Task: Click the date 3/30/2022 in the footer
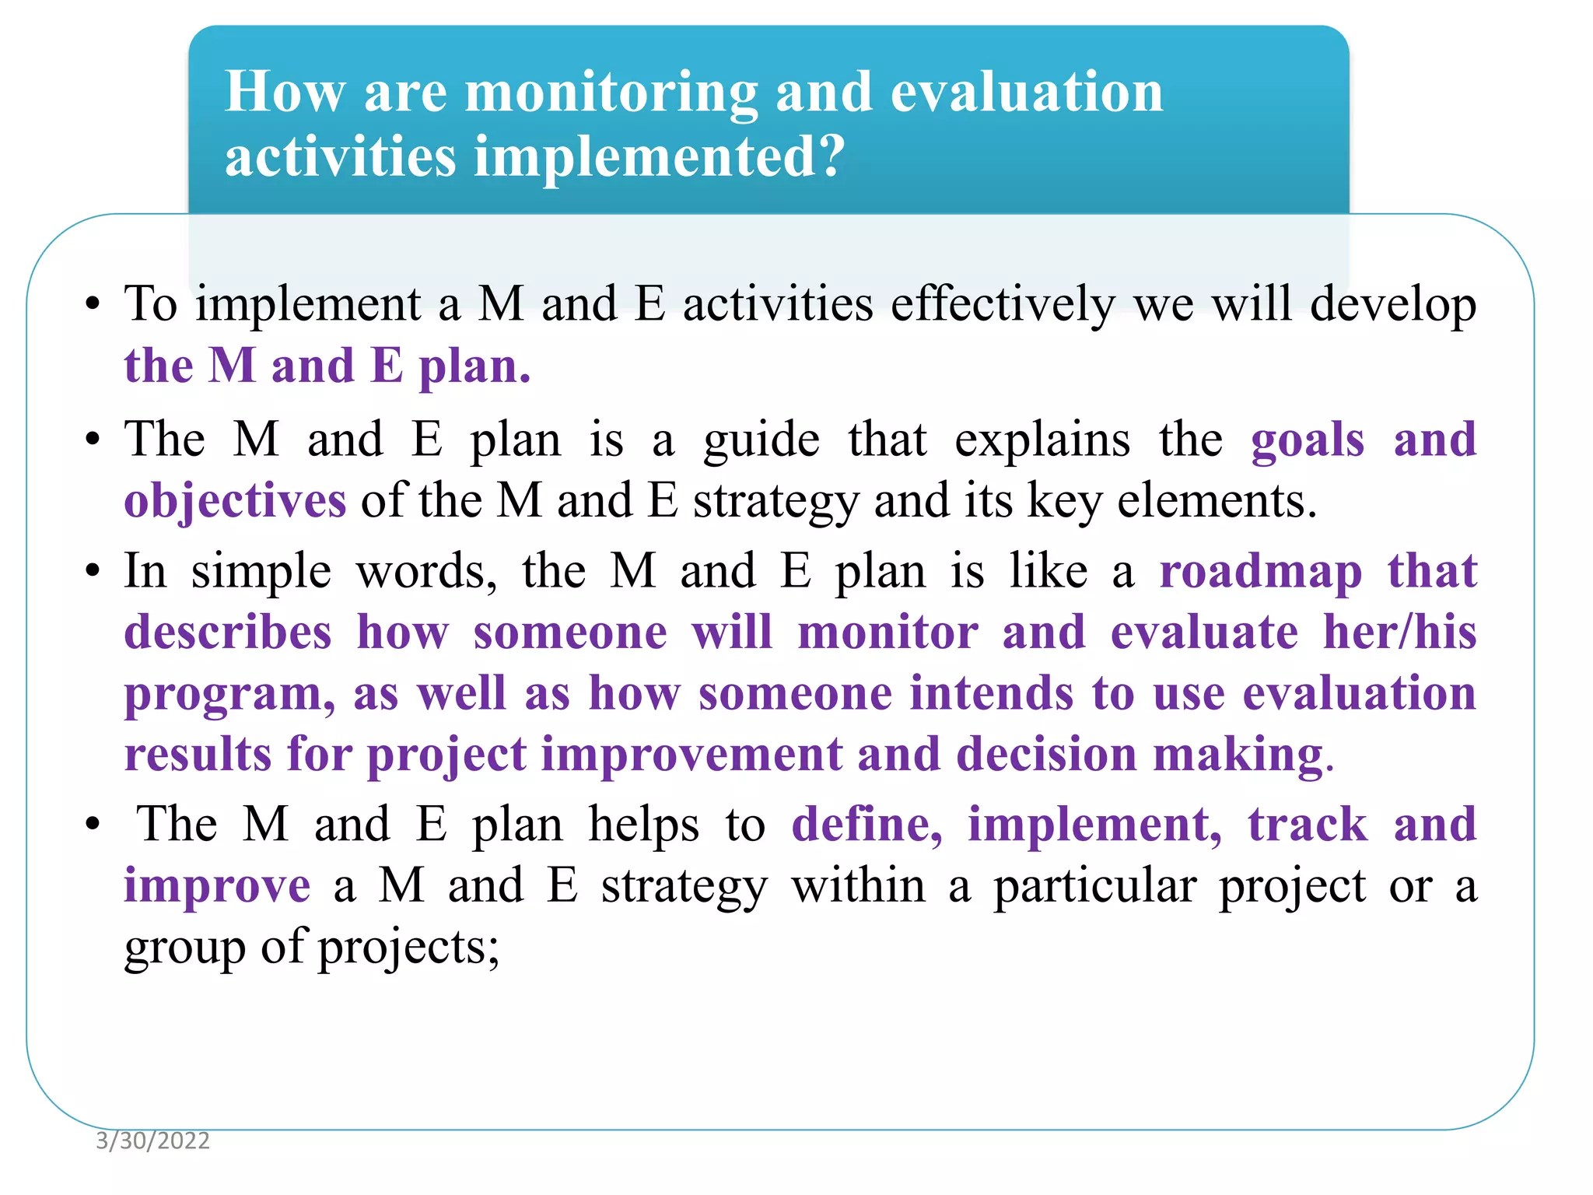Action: pyautogui.click(x=152, y=1141)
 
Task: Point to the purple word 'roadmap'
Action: pyautogui.click(x=1260, y=572)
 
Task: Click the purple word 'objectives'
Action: pyautogui.click(x=235, y=501)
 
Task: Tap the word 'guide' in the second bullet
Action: pyautogui.click(x=761, y=440)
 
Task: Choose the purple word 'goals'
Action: pyautogui.click(x=1308, y=440)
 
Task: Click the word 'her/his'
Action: pyautogui.click(x=1399, y=633)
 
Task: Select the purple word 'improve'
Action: pyautogui.click(x=217, y=887)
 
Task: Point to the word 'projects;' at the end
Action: pyautogui.click(x=408, y=948)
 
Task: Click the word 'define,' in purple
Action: pyautogui.click(x=867, y=825)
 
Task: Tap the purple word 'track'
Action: pyautogui.click(x=1308, y=825)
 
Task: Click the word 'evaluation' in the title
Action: pyautogui.click(x=1026, y=93)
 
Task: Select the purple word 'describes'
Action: pyautogui.click(x=228, y=633)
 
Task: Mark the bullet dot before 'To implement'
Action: pyautogui.click(x=93, y=306)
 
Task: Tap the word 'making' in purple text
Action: pyautogui.click(x=1238, y=755)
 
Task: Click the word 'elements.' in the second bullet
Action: pyautogui.click(x=1217, y=501)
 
